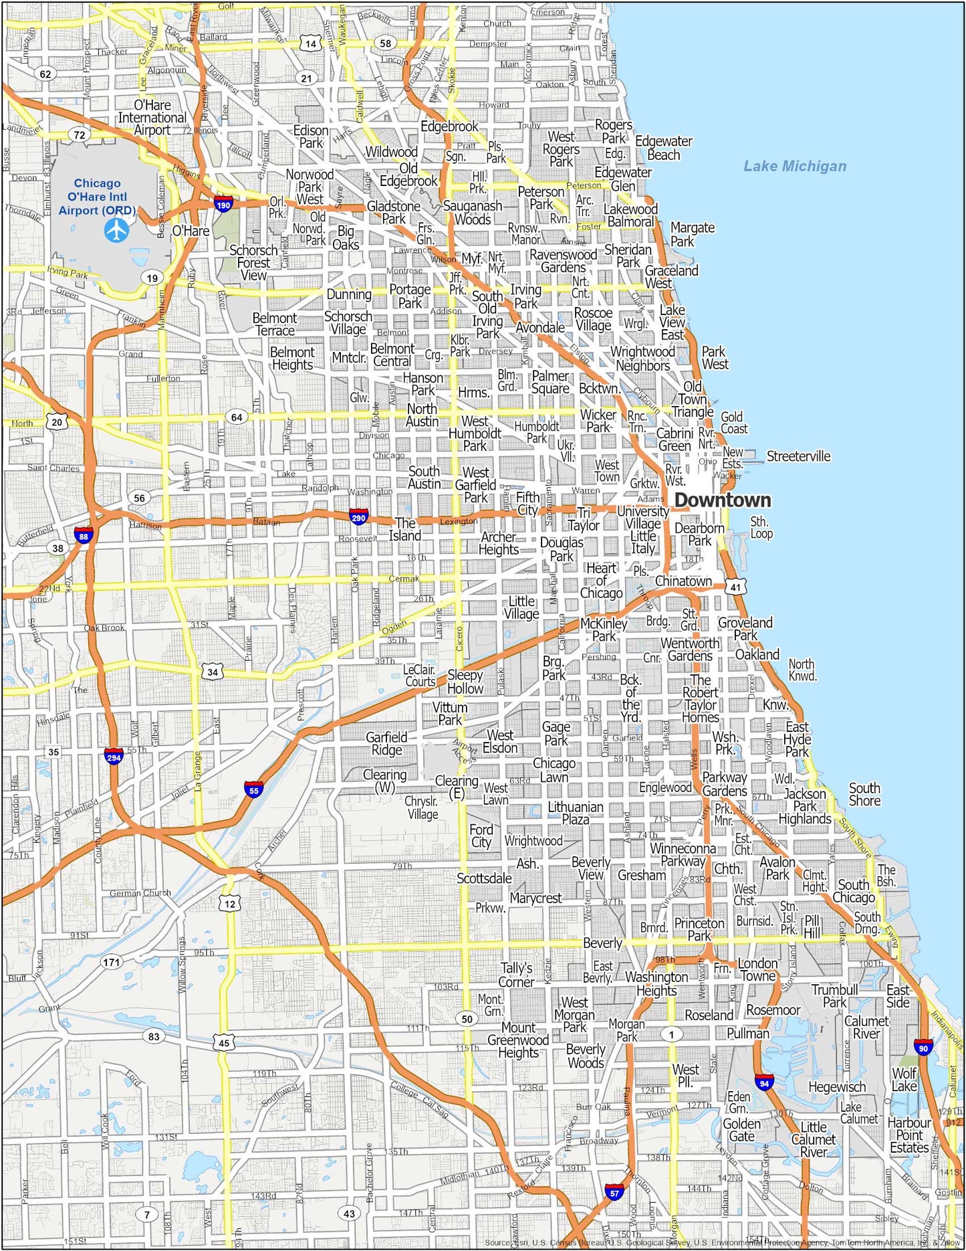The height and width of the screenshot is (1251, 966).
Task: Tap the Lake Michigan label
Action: click(x=795, y=166)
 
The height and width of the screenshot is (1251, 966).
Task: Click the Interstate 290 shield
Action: click(x=358, y=517)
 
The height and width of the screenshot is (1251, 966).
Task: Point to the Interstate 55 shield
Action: click(x=253, y=790)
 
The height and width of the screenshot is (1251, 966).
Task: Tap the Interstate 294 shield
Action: click(x=114, y=757)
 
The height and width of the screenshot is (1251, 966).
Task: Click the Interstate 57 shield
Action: click(x=614, y=1192)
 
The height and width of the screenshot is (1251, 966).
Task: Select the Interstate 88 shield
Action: click(x=83, y=536)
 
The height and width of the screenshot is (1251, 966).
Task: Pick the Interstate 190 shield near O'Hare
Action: click(x=223, y=205)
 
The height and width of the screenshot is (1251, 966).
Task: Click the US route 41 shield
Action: click(x=735, y=587)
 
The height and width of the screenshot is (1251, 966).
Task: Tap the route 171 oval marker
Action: click(x=112, y=963)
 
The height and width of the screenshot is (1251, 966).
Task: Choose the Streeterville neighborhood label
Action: click(x=798, y=456)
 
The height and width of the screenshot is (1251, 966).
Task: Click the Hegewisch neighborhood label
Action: click(x=836, y=1087)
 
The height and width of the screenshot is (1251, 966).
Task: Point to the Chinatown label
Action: click(x=683, y=581)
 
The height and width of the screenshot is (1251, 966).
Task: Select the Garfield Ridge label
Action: click(x=386, y=743)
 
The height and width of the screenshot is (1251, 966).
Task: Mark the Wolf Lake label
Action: click(x=904, y=1080)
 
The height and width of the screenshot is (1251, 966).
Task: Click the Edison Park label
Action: click(x=311, y=136)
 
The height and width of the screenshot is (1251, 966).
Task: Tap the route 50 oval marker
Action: click(x=467, y=1019)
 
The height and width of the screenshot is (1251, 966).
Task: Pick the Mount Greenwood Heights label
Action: click(x=518, y=1040)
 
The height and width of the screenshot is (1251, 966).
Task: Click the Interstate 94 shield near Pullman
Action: click(x=764, y=1082)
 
